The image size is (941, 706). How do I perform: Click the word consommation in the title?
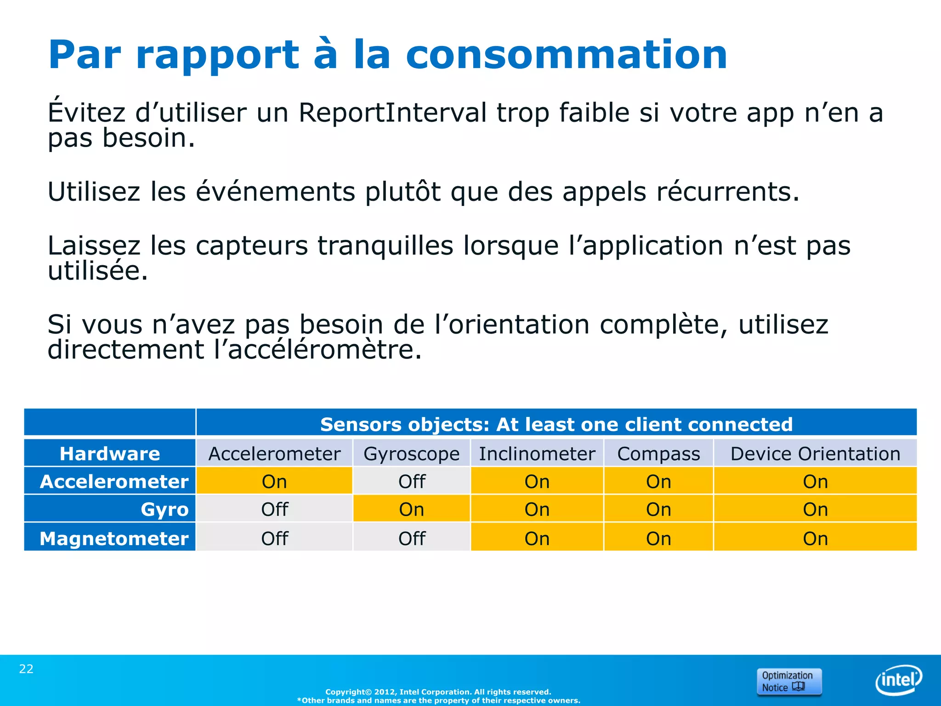(566, 55)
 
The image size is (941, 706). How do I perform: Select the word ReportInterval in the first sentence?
(392, 113)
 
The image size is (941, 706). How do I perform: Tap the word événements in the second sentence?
(275, 192)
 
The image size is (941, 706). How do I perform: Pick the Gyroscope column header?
(411, 454)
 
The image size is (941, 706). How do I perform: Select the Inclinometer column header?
(537, 454)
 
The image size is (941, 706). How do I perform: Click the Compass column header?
(658, 454)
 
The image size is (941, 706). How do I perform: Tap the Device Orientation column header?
(815, 454)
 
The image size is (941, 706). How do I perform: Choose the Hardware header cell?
(110, 454)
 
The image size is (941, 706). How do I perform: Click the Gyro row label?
(164, 509)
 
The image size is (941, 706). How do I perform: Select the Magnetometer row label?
(114, 538)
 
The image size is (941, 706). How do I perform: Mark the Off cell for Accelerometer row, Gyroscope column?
(412, 482)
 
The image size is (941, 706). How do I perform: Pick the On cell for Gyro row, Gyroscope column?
(411, 509)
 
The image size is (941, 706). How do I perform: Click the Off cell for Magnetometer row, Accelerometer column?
(274, 538)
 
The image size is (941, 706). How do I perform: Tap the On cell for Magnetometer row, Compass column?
(658, 538)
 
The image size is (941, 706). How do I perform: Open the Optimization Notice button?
(788, 681)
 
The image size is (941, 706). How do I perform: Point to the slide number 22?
(26, 669)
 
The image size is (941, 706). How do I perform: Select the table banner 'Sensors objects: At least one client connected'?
(556, 424)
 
